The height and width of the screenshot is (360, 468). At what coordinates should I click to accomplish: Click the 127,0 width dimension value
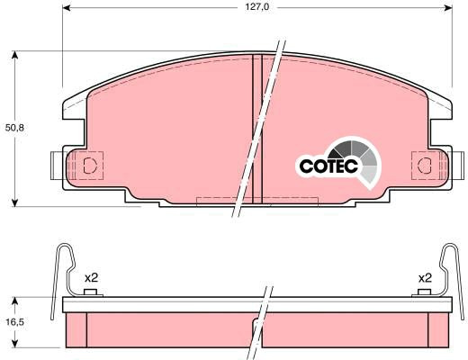tap(257, 7)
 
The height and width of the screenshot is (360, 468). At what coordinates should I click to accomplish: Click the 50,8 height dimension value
tap(14, 128)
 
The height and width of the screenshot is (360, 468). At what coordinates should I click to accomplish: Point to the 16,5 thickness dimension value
tap(14, 322)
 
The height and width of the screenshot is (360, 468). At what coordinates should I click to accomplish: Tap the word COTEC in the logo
tap(328, 166)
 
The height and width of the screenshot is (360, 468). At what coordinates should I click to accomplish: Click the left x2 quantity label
tap(91, 278)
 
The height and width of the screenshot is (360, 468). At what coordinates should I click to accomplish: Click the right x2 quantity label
tap(425, 278)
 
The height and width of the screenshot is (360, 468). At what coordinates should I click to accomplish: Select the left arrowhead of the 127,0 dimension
tap(67, 7)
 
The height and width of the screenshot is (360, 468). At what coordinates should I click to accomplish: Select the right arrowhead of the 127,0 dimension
tap(448, 7)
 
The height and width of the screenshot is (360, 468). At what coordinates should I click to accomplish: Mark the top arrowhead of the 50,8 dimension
tap(14, 56)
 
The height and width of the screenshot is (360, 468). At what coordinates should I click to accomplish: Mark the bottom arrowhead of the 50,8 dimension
tap(14, 202)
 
